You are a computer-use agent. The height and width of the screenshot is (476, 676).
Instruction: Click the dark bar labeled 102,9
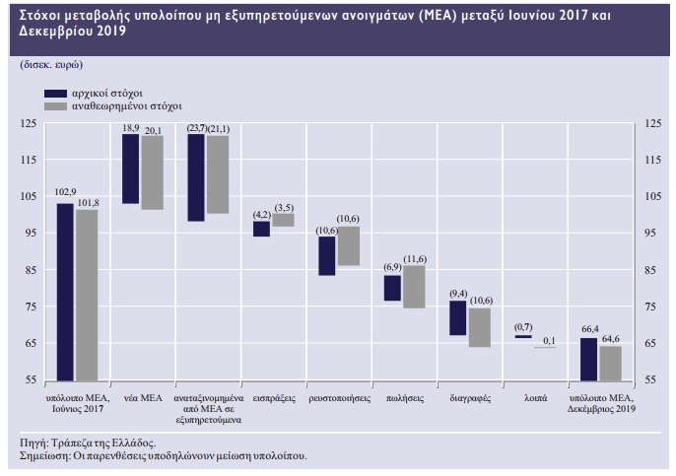coord(65,291)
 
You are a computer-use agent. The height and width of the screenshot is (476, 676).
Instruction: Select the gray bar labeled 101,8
coord(88,294)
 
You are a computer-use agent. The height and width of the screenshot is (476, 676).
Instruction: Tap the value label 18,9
coord(130,129)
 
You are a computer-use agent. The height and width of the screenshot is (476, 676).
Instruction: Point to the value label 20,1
coord(153,129)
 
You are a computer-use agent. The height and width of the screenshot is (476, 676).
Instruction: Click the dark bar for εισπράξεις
coord(261,229)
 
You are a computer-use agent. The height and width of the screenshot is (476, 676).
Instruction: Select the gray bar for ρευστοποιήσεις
coord(348,245)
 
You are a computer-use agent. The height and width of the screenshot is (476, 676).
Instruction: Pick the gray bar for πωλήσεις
coord(414,286)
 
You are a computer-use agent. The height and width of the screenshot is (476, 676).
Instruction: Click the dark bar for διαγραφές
coord(458,317)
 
